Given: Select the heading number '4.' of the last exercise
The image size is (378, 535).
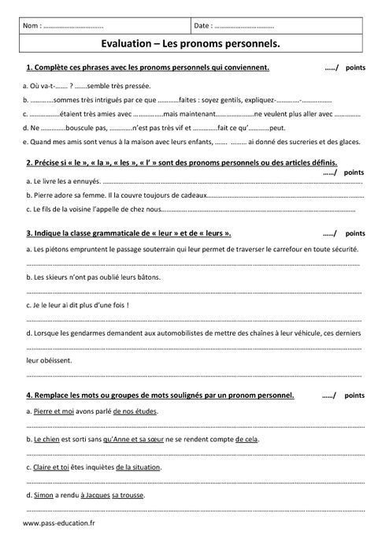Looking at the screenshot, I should (29, 395).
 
